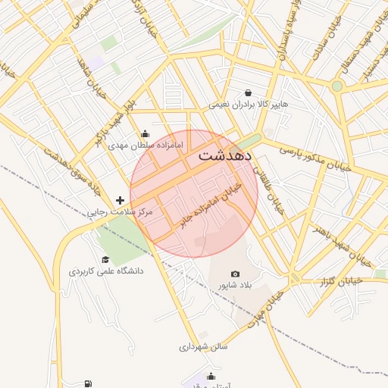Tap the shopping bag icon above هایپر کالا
click(x=249, y=92)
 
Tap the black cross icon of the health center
click(x=120, y=201)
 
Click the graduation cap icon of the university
click(x=105, y=260)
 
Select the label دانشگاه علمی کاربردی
click(x=107, y=271)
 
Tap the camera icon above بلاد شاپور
click(x=234, y=274)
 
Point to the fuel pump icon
click(x=89, y=383)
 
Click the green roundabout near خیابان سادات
click(x=337, y=86)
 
